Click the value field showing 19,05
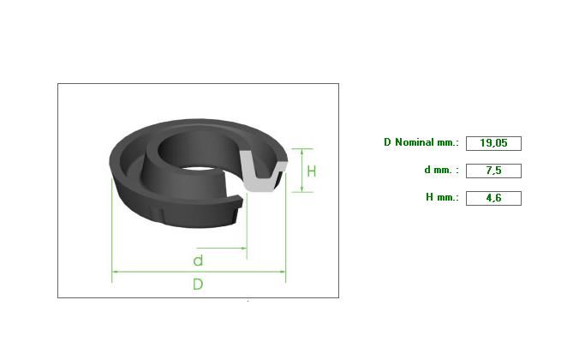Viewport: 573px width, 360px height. click(x=493, y=143)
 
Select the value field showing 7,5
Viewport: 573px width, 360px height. click(x=493, y=171)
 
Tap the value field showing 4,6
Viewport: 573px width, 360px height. click(x=493, y=198)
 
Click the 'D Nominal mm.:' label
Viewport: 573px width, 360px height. click(x=421, y=142)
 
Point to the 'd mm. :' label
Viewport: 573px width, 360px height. click(x=441, y=170)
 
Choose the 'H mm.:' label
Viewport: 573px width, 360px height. click(x=442, y=197)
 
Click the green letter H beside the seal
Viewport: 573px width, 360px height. click(x=312, y=171)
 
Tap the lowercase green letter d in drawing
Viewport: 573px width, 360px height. click(x=198, y=261)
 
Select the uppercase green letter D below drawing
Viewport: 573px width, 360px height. click(x=198, y=284)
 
